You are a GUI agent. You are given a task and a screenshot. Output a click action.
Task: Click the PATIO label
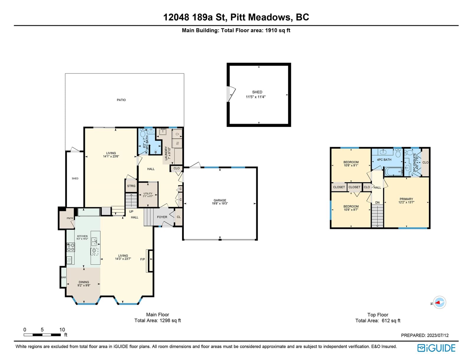coord(121,100)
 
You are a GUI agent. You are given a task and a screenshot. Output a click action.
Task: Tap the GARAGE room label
coord(220,200)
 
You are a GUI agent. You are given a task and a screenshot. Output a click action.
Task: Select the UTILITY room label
coord(148,194)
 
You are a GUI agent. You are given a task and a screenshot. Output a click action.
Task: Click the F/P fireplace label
coord(142,259)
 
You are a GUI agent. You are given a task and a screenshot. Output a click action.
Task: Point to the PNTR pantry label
coord(70,218)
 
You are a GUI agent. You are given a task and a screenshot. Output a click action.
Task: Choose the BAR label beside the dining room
coord(64,277)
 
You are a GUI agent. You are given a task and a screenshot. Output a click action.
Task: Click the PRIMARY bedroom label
coord(406,199)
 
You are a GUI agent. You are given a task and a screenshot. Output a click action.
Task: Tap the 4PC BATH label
coord(384,160)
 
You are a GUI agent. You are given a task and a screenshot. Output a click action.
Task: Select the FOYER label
coord(162,217)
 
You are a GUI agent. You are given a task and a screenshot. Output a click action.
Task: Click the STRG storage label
coord(131,186)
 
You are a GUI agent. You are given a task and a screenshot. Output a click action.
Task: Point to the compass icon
coord(439,302)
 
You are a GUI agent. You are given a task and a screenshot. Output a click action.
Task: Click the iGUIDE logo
coord(436,348)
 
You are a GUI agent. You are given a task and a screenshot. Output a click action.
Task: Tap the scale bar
coord(42,335)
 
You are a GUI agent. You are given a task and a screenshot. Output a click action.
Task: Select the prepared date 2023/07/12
coord(437,335)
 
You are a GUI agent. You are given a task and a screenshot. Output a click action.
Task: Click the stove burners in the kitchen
coord(71,247)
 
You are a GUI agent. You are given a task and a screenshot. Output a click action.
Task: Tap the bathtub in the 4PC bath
coord(394,172)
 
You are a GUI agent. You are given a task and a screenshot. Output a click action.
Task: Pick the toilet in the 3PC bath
coord(142,133)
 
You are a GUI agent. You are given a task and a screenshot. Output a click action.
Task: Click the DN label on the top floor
coord(377,202)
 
